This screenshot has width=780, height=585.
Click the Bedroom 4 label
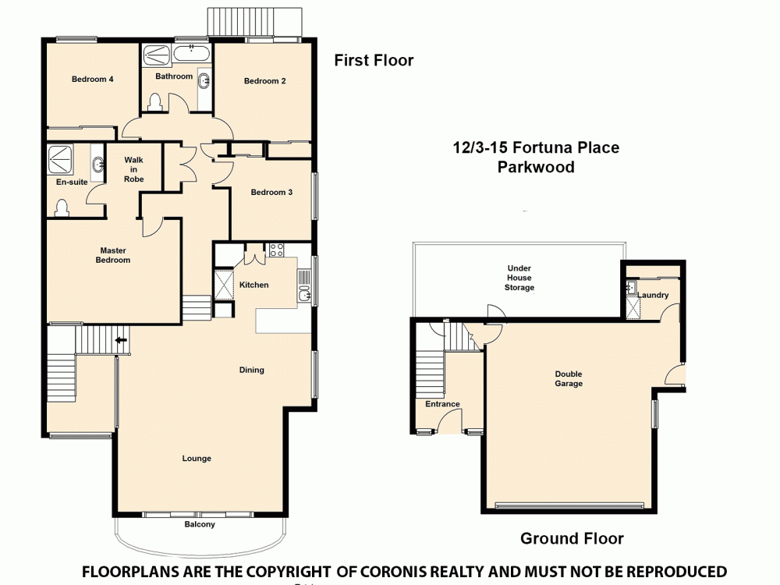coord(93,79)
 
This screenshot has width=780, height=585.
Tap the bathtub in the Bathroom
coord(191,55)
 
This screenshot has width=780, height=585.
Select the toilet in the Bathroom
coord(154,101)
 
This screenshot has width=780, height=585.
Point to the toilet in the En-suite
coord(62,207)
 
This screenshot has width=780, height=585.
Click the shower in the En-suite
coord(60,159)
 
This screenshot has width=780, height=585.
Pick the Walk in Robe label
coord(133,169)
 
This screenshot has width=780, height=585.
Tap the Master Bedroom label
coord(112,255)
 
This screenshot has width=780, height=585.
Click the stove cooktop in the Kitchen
coord(276,250)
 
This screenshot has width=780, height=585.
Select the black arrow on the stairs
coord(121,340)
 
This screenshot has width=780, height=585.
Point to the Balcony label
coord(199,524)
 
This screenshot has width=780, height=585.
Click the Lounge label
coord(197,459)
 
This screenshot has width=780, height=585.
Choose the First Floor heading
coord(374,60)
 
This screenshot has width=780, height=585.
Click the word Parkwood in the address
coord(536,167)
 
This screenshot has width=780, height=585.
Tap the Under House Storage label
coord(519,278)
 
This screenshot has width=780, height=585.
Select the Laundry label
coord(653,296)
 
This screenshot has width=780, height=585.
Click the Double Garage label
coord(569,378)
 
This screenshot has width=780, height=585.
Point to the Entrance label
coord(442,404)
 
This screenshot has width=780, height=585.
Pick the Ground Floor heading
coord(572,538)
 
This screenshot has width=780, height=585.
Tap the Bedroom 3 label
coord(271,192)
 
